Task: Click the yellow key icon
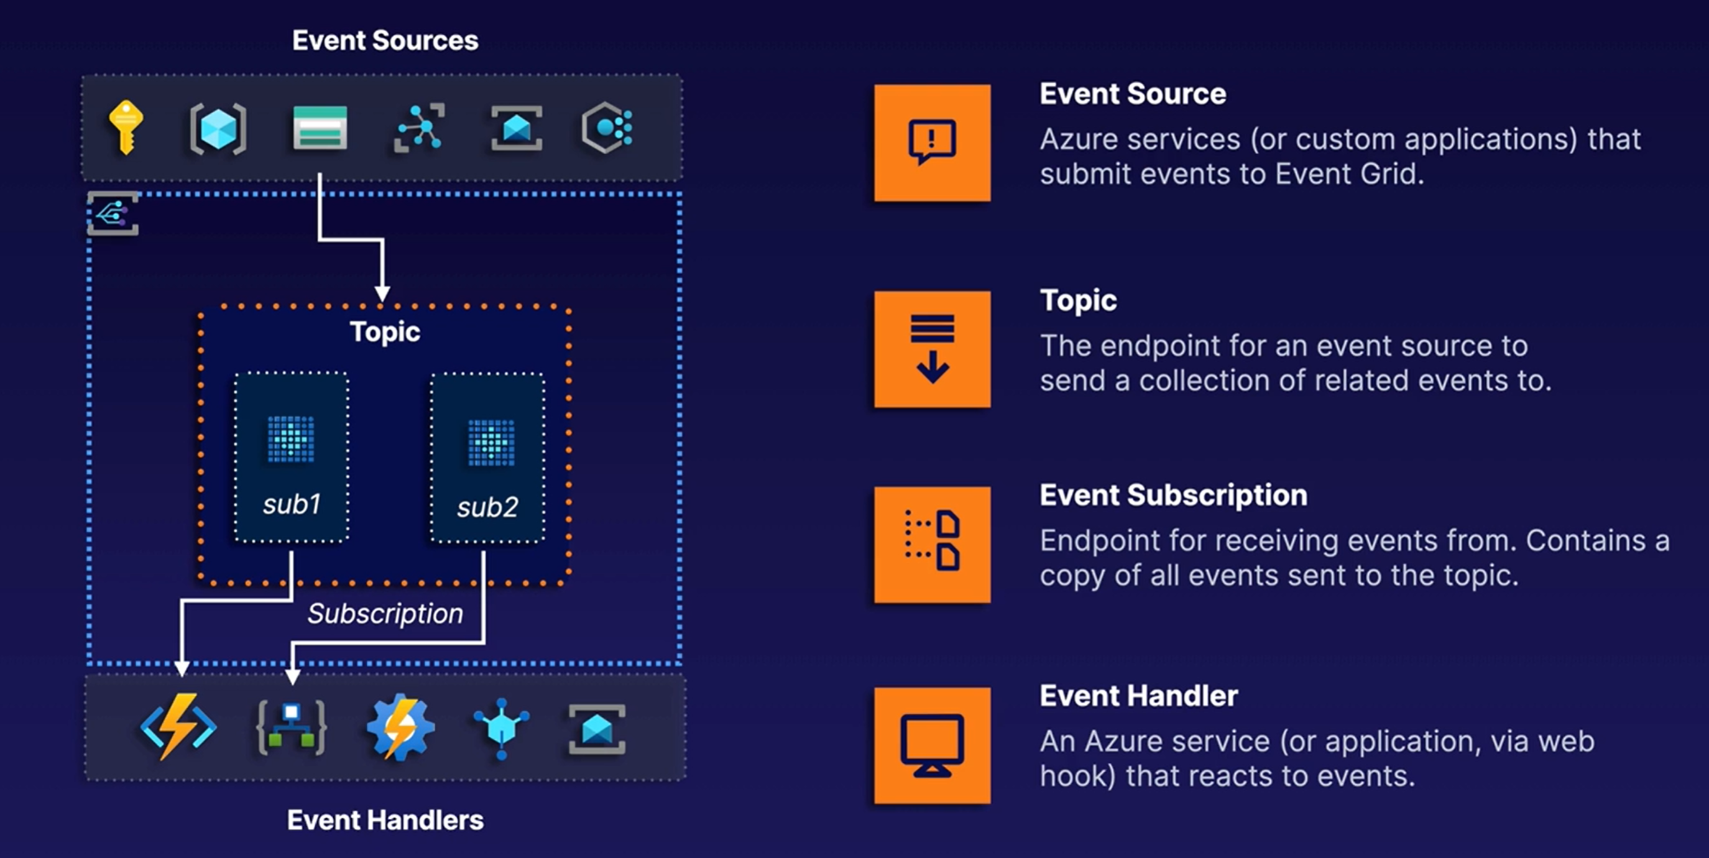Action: pos(126,127)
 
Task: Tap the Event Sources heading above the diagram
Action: pos(385,40)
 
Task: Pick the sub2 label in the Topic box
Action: pos(487,507)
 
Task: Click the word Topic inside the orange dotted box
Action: pos(385,332)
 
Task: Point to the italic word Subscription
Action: pos(385,614)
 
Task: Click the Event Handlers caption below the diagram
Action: pos(385,820)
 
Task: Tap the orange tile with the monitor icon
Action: pos(932,745)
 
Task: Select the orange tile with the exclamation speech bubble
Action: pos(932,142)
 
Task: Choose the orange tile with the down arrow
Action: pos(932,349)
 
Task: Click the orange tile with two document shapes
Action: pos(932,545)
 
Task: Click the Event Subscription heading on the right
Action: pos(1173,496)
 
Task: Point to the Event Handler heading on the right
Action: pos(1138,696)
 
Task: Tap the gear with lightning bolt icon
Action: pos(400,727)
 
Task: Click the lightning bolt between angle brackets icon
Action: pos(178,727)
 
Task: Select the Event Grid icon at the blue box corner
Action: pos(113,214)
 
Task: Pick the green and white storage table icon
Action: pos(320,127)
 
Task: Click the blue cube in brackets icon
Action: pos(218,128)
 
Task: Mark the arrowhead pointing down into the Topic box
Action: pos(382,294)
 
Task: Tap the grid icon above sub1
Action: pos(290,438)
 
